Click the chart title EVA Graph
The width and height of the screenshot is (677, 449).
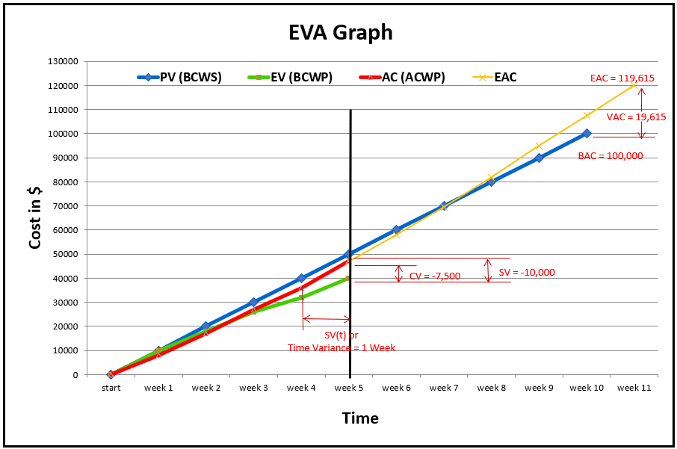[x=340, y=33]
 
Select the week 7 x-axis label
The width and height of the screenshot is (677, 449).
[x=445, y=388]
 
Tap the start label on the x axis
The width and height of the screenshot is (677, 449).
[x=111, y=388]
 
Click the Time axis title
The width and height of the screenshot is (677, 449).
[x=360, y=418]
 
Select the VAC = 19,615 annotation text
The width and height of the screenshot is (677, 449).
[x=636, y=117]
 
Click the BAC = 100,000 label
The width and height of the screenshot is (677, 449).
[x=610, y=156]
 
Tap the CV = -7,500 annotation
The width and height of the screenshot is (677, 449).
[x=435, y=276]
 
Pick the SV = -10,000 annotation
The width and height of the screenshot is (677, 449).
[x=527, y=273]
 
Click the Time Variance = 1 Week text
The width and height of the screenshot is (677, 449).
[x=341, y=347]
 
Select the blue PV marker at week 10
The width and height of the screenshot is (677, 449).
[x=587, y=134]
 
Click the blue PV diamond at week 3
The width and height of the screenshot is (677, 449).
[x=253, y=303]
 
